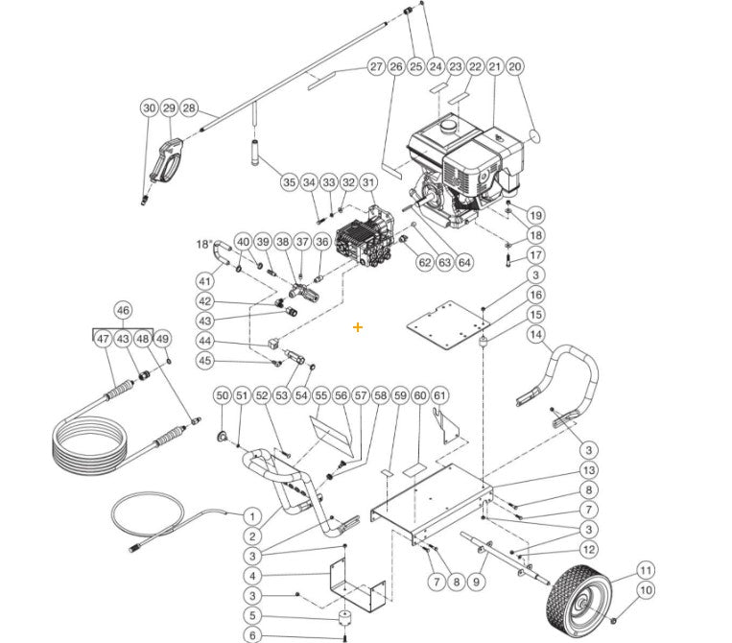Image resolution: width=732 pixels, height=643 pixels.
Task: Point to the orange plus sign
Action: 358,327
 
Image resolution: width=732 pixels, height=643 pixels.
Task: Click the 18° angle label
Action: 204,244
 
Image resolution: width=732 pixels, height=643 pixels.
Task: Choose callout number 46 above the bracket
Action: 123,310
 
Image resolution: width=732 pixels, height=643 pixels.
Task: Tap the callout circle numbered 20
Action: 514,66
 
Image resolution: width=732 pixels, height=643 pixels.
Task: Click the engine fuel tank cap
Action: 445,126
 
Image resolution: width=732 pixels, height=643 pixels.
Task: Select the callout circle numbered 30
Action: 149,108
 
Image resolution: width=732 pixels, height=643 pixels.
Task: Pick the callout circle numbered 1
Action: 251,516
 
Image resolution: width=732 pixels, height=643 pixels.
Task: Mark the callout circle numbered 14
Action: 535,335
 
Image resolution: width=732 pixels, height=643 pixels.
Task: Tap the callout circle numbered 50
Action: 222,395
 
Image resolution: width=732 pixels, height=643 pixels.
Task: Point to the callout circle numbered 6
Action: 251,635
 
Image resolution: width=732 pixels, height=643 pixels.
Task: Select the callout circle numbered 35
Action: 289,182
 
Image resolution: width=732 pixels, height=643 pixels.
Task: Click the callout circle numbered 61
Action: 440,395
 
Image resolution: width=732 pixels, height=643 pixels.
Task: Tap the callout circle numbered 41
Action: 204,281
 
